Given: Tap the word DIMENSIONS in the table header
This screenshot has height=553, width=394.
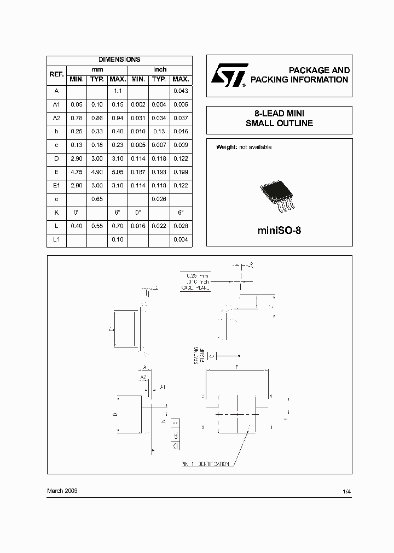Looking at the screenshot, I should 119,60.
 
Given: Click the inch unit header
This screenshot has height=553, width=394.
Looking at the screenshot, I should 160,69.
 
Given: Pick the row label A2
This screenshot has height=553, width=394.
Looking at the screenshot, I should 56,118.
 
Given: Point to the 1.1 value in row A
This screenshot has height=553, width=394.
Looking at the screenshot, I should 117,91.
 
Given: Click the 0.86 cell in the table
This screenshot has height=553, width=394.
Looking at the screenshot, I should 97,118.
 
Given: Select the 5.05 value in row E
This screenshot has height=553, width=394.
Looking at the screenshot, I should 117,172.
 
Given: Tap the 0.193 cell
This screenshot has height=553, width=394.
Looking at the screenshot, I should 159,172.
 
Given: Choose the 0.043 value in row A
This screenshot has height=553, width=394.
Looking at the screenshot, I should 181,91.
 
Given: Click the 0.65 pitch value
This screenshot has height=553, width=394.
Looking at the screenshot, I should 97,199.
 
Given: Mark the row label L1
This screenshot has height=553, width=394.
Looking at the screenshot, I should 56,240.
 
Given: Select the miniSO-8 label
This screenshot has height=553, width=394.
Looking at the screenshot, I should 279,230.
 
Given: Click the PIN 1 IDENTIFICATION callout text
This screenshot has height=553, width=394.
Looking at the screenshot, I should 206,464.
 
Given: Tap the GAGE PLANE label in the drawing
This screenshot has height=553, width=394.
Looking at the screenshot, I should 196,287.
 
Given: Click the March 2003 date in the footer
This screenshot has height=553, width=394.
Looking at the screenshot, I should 62,491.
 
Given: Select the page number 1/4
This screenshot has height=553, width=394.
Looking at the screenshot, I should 346,492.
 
